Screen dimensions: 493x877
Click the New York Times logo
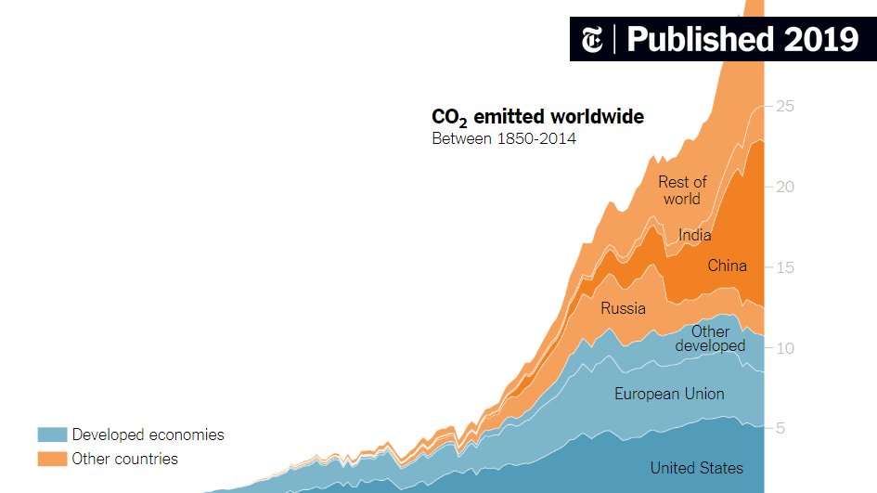click(x=591, y=39)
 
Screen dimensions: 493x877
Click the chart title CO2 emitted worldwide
click(x=537, y=118)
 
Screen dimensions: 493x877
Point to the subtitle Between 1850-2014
click(x=504, y=139)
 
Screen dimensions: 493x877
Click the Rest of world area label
click(x=682, y=190)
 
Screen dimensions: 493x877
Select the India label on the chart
click(x=695, y=235)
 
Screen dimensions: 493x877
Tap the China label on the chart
click(x=727, y=266)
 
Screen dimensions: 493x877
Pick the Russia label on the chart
click(x=623, y=308)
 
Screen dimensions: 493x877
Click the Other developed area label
click(x=710, y=339)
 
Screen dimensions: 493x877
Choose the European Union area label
click(x=669, y=394)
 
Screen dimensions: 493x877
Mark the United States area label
click(x=696, y=468)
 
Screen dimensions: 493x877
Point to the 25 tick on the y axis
click(x=785, y=107)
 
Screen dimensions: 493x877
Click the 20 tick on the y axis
click(x=785, y=187)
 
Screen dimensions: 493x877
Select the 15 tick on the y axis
click(x=785, y=267)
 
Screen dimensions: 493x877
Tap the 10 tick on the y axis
click(x=785, y=348)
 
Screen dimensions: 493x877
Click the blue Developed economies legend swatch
click(x=52, y=435)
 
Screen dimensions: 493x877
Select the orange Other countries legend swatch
click(x=52, y=459)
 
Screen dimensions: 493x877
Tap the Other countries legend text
click(x=124, y=459)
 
